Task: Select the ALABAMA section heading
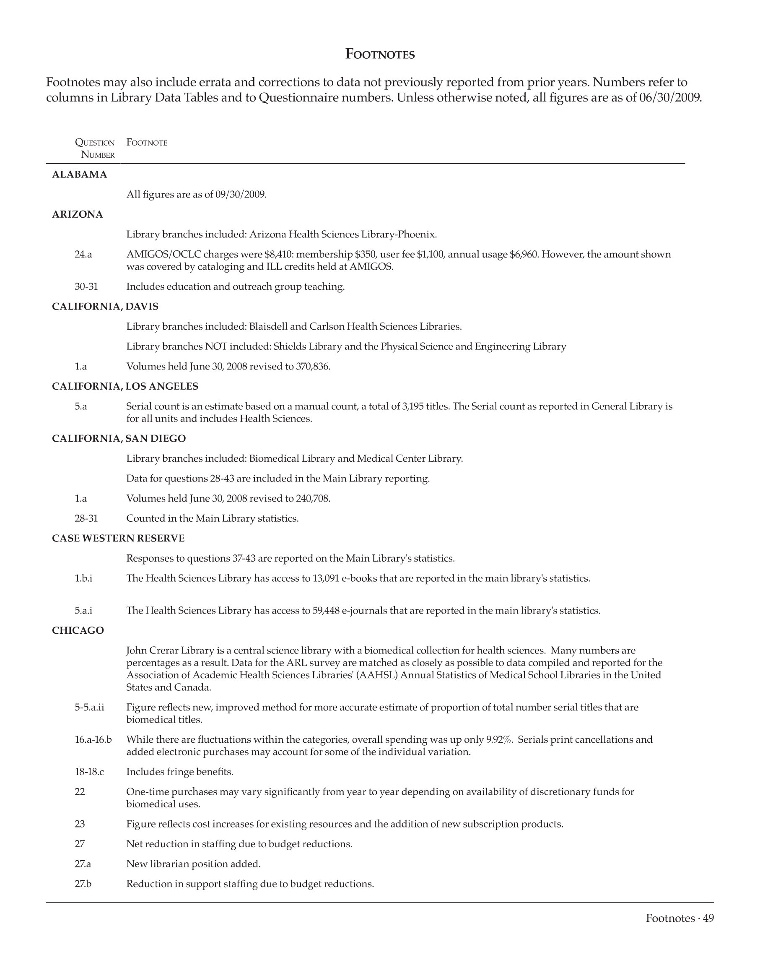pos(80,174)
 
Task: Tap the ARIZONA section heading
pos(78,215)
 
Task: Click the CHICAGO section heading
pos(78,630)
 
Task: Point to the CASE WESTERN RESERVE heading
pos(118,539)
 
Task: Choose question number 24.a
pos(83,254)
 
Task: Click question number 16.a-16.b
pos(93,739)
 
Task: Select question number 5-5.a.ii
pos(89,708)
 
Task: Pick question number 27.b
pos(83,884)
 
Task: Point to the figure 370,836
pos(313,367)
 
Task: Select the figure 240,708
pos(313,498)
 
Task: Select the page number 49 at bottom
pos(708,919)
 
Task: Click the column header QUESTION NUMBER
pos(94,149)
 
